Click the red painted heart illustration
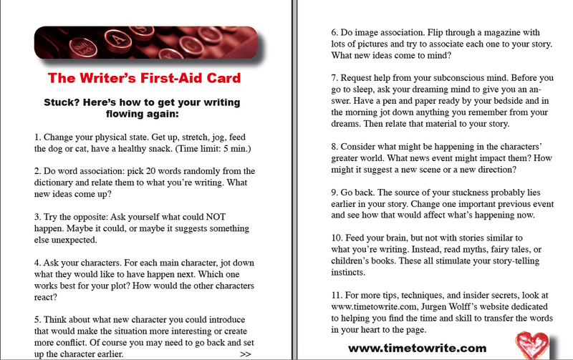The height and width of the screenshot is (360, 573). click(531, 345)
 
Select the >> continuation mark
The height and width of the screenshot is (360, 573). click(246, 354)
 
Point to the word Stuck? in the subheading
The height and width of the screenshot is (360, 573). click(62, 102)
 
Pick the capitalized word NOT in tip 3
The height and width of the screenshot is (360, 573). click(216, 217)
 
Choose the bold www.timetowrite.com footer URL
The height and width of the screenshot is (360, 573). click(417, 349)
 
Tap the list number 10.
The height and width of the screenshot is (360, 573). click(337, 238)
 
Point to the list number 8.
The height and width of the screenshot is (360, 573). click(334, 147)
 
